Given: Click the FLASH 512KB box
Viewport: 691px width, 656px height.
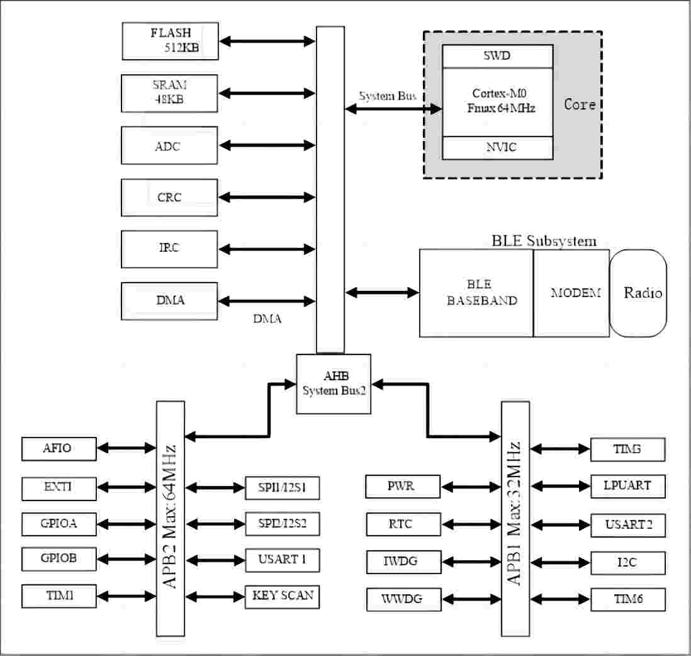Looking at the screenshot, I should pos(170,41).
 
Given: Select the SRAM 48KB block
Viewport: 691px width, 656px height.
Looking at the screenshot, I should pos(170,93).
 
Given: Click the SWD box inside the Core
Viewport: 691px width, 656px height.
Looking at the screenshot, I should pos(497,56).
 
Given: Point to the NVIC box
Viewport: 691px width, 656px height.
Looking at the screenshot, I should pos(497,147).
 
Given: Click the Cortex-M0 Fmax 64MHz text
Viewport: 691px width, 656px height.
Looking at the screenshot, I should pos(497,101).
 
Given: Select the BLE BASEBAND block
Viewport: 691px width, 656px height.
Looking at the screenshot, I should pos(476,293).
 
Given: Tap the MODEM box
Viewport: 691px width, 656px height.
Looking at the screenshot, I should pos(571,293).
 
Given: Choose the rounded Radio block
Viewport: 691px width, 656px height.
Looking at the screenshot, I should pos(638,293).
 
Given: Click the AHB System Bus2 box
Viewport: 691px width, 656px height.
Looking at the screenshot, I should pos(334,383).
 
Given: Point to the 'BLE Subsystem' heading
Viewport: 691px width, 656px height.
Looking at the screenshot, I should pos(544,241).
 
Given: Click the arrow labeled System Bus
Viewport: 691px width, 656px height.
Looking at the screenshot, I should pos(393,109).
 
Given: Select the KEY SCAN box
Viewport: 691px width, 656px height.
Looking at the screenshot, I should pos(282,596).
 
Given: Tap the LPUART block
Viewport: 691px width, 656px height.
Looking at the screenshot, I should pos(627,486).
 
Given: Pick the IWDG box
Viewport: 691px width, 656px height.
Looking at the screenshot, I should pos(403,561).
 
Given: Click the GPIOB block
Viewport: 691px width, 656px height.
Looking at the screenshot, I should pos(59,558).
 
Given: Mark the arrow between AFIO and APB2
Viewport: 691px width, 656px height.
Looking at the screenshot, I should pos(126,449).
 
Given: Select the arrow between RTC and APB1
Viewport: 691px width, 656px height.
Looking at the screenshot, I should pos(471,524).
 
